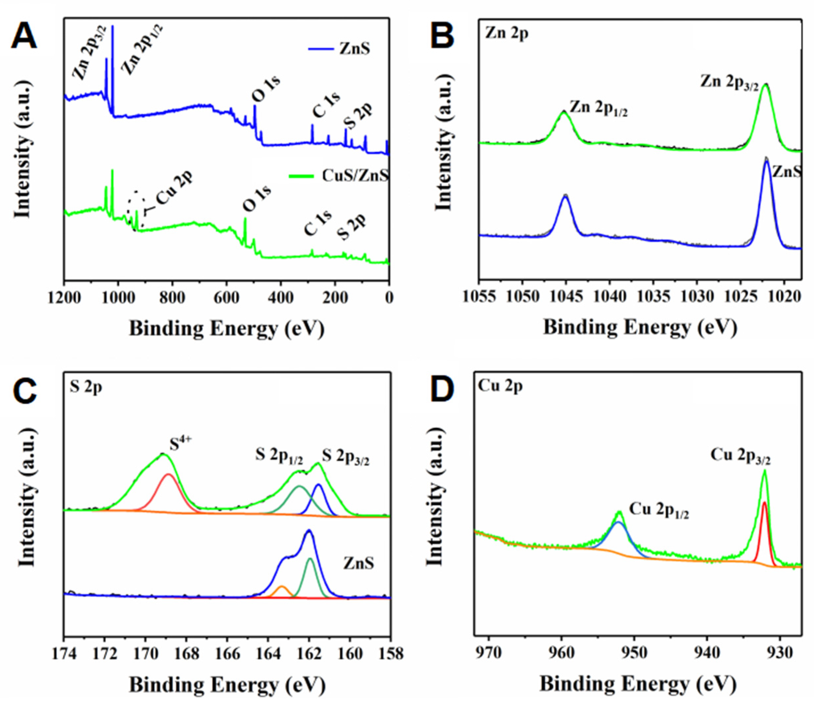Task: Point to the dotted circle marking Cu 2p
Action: [x=136, y=210]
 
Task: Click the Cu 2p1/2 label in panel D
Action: [x=659, y=510]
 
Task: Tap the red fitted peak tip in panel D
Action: [x=764, y=503]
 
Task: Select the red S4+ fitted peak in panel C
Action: [x=169, y=475]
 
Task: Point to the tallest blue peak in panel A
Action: [x=113, y=28]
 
